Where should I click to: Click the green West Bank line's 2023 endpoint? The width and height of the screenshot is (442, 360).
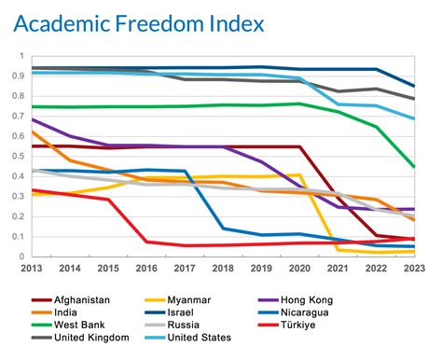click(415, 167)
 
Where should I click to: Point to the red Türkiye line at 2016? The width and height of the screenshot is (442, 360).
click(146, 242)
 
